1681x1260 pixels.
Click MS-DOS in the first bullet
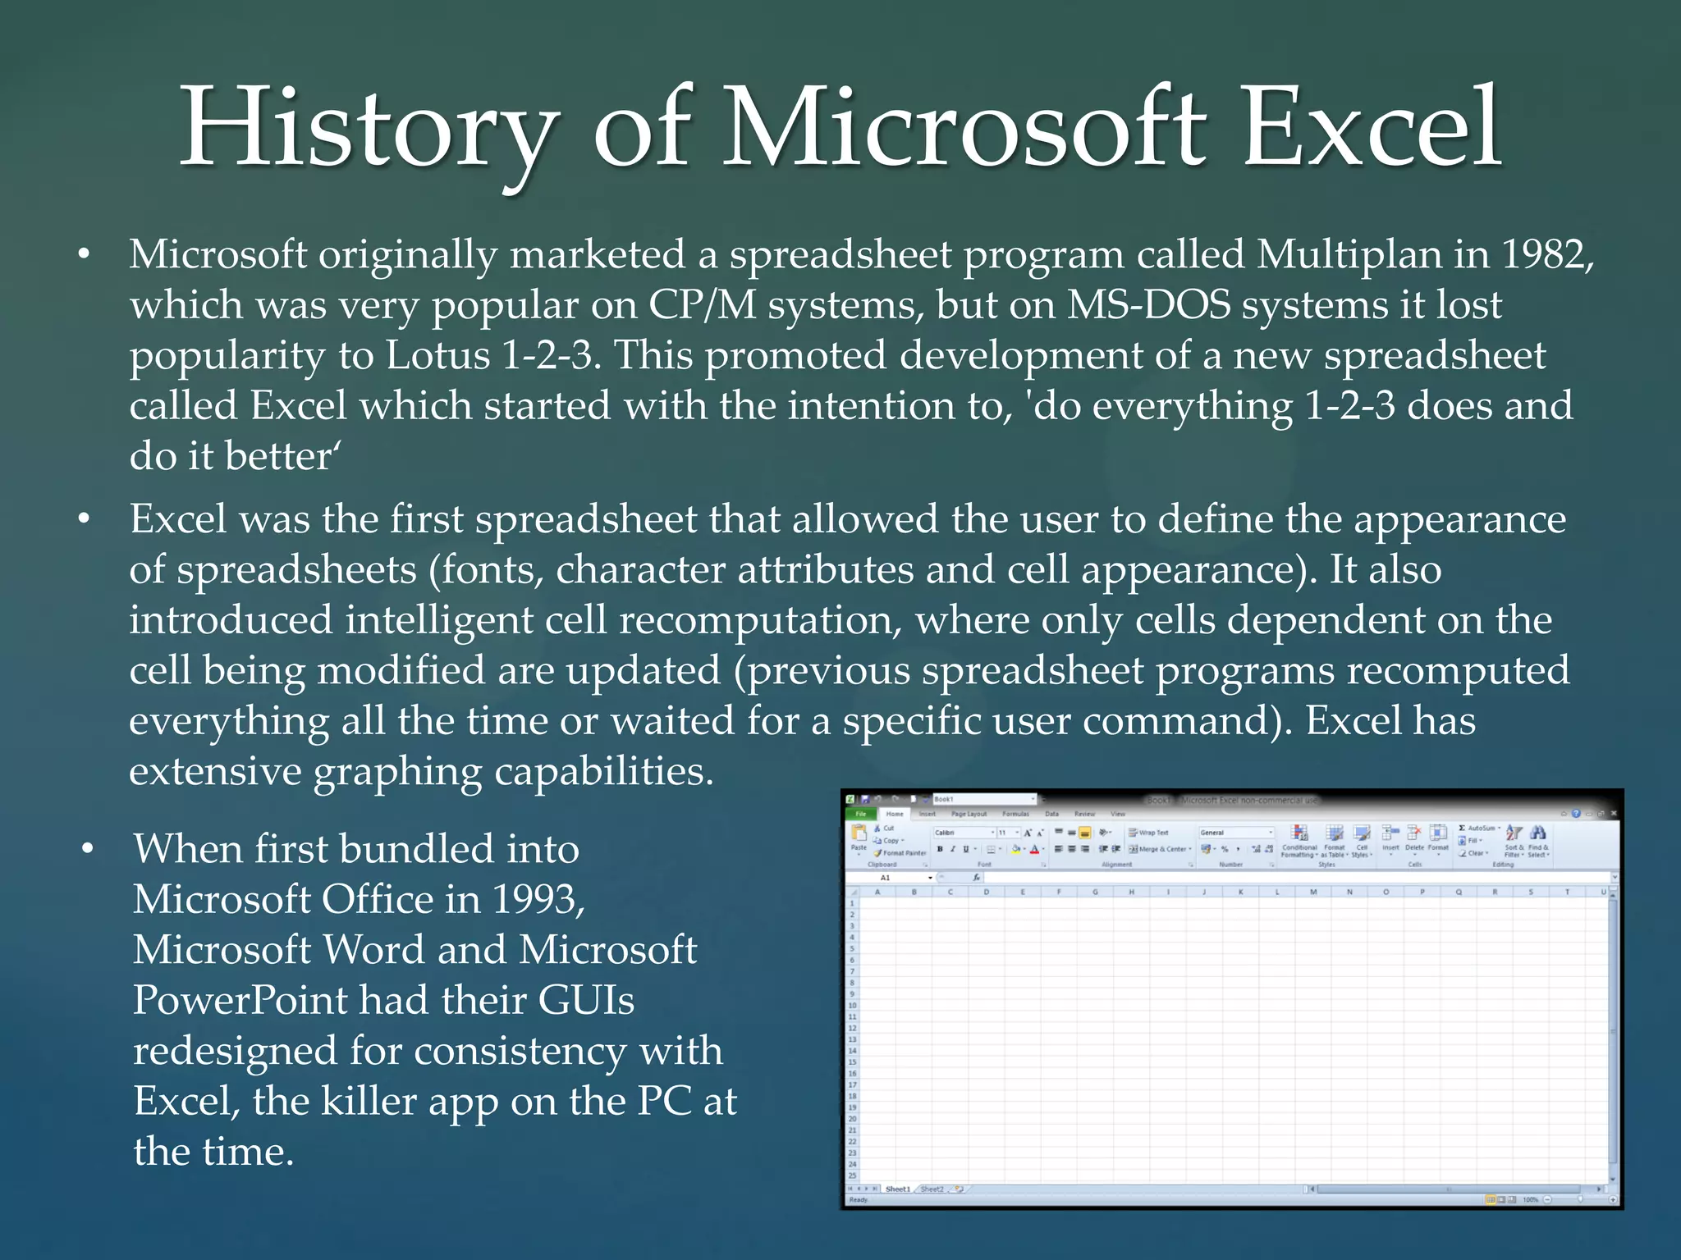[x=1148, y=305]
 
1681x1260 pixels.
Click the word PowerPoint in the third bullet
[x=240, y=1000]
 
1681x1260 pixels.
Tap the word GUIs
[x=586, y=1000]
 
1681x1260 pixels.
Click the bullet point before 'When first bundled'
[x=88, y=848]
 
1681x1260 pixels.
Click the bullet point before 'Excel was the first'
[x=83, y=519]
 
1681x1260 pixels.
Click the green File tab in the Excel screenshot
[x=861, y=814]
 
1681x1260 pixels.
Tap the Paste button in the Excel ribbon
[x=859, y=838]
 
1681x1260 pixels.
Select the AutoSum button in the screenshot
[x=1480, y=829]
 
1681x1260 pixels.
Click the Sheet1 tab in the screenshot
[x=896, y=1189]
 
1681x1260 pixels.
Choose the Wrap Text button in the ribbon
[x=1148, y=833]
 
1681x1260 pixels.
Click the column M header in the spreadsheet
[x=1313, y=892]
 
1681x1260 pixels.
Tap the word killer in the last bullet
[x=369, y=1101]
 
